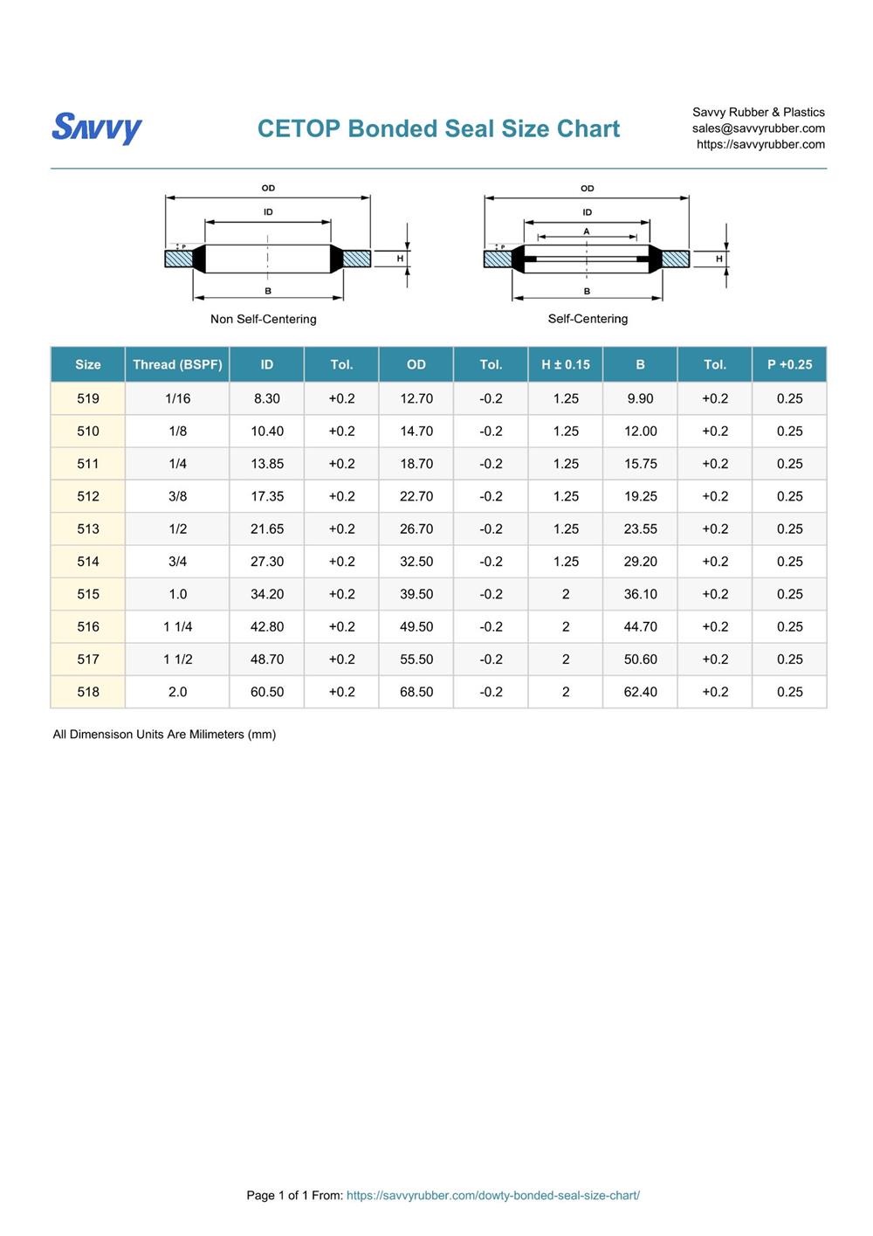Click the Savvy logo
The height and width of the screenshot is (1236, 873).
[97, 128]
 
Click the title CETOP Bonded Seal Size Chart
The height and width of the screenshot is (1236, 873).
[438, 128]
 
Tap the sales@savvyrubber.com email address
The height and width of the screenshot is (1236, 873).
[758, 128]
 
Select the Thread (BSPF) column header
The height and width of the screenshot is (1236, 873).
[177, 364]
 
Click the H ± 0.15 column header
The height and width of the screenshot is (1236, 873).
[566, 364]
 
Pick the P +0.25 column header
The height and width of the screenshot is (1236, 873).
[789, 364]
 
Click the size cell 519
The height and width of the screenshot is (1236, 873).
[88, 398]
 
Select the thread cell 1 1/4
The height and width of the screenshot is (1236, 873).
[177, 626]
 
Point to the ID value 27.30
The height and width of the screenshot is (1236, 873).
[267, 562]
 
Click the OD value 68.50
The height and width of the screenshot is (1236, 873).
[416, 692]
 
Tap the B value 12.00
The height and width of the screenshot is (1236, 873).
[640, 432]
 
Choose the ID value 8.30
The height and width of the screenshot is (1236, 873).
[267, 398]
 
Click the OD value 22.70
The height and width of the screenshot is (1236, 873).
[416, 496]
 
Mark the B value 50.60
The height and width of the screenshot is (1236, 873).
[640, 659]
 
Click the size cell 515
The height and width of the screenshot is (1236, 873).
[88, 594]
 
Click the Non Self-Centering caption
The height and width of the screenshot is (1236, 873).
[263, 319]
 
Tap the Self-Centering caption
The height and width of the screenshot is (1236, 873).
[588, 319]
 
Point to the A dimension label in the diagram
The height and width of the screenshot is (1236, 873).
[587, 231]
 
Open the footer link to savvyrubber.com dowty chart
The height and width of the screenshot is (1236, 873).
[492, 1195]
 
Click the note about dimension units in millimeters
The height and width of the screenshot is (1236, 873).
[164, 735]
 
